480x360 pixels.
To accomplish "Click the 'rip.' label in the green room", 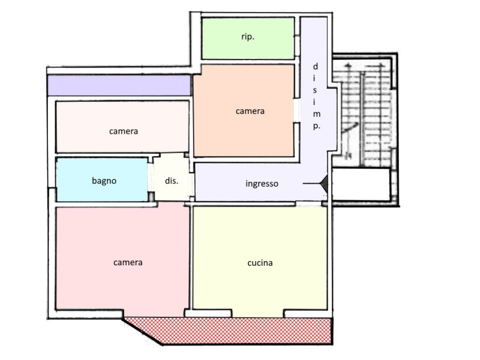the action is point(248,37).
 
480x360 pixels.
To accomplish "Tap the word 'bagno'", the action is point(104,181).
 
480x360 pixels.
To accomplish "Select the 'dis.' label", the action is point(172,181).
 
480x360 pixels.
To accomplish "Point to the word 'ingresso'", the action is point(262,184).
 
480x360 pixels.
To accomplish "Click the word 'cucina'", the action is point(260,263).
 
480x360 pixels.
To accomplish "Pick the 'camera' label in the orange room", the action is point(250,111).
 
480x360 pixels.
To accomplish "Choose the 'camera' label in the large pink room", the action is point(128,263).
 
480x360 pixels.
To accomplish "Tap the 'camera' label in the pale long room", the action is point(124,131).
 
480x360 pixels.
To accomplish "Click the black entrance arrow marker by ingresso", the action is point(324,184).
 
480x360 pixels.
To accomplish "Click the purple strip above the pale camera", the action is point(119,85).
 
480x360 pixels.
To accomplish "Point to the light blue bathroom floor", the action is point(102,179).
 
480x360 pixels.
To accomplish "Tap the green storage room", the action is point(248,38).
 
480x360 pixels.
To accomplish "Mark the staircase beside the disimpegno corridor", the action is point(364,112).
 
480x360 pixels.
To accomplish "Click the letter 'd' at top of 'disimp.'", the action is point(316,67).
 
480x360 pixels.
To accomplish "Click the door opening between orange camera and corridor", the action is point(296,110).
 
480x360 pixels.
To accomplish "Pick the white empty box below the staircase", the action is point(361,184).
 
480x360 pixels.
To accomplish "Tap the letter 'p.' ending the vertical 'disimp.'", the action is point(317,126).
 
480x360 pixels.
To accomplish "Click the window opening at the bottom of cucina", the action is point(258,313).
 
